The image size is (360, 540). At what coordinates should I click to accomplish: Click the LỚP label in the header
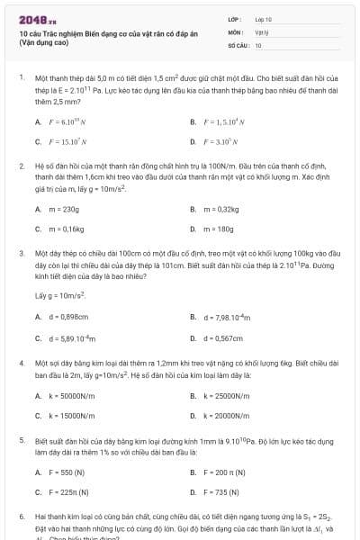click(233, 19)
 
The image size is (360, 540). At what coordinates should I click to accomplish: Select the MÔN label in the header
click(233, 31)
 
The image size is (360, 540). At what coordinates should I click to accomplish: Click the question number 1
click(21, 78)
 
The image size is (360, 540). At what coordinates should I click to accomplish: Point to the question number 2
click(21, 166)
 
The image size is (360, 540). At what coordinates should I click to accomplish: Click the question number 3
click(21, 254)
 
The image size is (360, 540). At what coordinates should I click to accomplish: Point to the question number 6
click(21, 518)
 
